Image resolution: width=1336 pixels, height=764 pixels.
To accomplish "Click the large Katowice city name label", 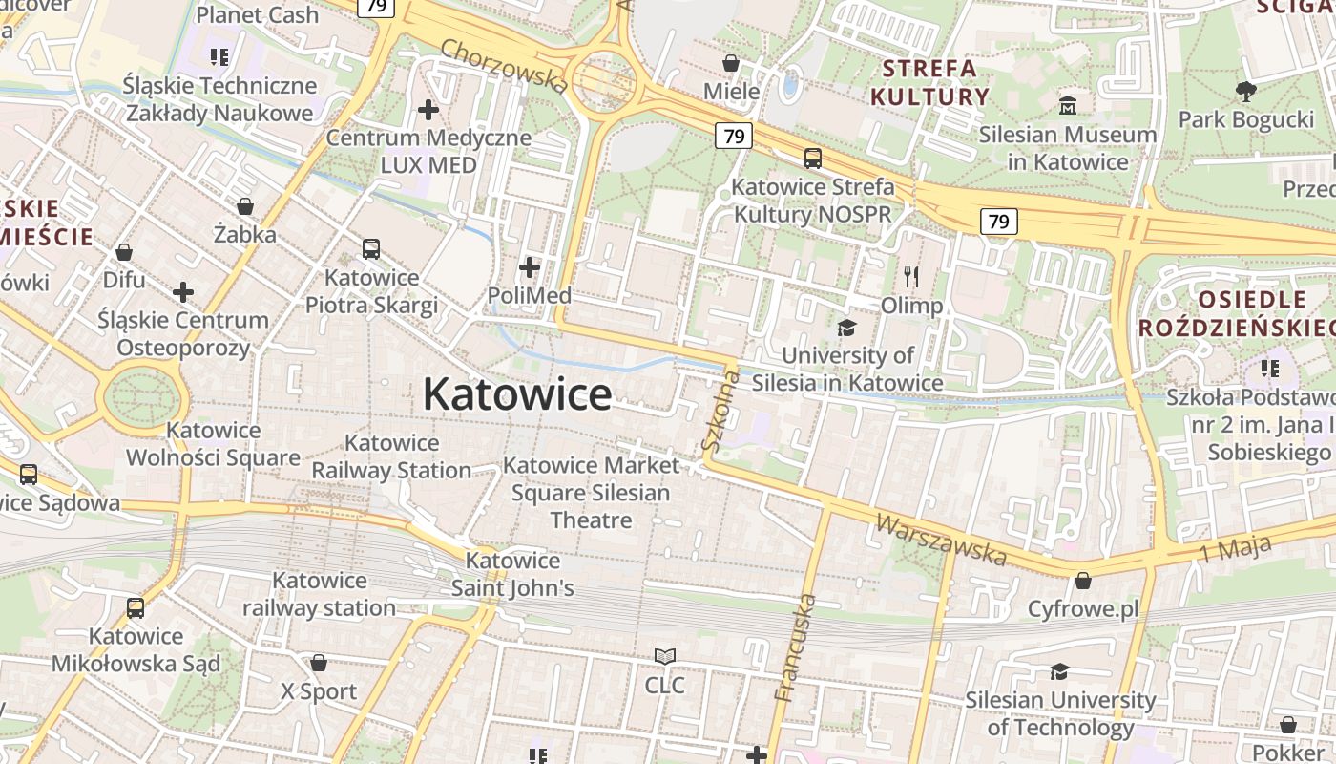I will point(517,393).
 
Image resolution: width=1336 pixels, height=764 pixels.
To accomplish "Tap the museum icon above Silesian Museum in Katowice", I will point(1068,104).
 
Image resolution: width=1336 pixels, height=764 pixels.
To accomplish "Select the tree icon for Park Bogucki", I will point(1245,92).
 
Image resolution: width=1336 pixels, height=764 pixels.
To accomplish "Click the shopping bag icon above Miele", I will point(731,63).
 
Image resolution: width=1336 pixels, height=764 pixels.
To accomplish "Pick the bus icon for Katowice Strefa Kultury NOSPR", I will point(812,158).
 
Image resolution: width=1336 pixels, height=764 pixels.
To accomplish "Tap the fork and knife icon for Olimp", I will point(911,277).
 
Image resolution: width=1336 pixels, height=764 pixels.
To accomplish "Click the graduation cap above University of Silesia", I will point(846,329).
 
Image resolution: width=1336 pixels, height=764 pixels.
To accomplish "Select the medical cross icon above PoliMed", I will point(530,267).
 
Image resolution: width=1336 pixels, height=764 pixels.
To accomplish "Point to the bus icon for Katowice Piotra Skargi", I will point(371,249).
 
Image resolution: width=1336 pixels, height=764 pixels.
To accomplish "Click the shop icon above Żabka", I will point(245,206).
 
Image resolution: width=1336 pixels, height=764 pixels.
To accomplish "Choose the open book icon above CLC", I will point(665,657).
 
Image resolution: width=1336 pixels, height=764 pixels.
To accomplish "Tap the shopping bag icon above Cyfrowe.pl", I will point(1083,581).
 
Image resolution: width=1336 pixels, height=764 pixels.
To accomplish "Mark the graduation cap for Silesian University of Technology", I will point(1059,672).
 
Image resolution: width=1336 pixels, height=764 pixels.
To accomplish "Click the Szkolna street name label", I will point(720,412).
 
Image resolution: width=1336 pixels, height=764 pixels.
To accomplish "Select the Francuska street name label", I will point(795,647).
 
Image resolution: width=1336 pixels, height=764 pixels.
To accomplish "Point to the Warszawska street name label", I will point(941,540).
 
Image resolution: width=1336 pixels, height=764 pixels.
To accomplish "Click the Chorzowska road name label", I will point(504,65).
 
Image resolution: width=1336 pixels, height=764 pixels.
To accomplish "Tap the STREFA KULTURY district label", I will point(930,82).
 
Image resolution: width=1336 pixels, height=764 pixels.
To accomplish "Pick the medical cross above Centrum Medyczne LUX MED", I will point(428,110).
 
